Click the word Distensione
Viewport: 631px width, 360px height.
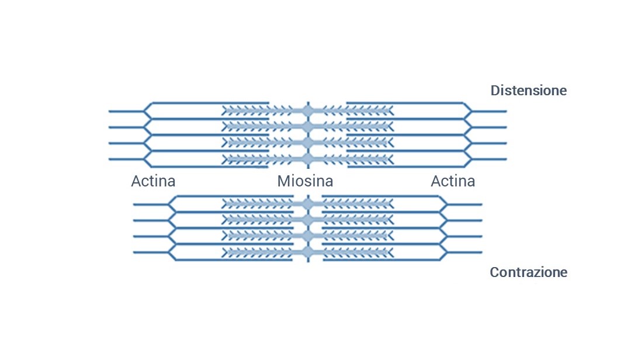(528, 91)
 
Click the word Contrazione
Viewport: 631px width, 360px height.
(528, 272)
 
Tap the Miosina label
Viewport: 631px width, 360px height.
(305, 181)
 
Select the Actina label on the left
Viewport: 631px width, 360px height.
(153, 181)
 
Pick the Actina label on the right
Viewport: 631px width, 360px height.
(453, 181)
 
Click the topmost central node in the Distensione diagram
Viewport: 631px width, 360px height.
(307, 110)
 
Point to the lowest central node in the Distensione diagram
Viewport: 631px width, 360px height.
(307, 160)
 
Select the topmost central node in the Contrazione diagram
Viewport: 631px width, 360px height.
(308, 204)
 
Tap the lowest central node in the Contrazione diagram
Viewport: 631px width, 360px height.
(308, 252)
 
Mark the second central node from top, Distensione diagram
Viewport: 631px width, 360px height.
(307, 127)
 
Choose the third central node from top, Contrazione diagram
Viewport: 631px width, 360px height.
(308, 236)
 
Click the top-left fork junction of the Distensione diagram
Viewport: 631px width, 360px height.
(145, 110)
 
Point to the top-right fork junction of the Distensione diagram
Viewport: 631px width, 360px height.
(471, 110)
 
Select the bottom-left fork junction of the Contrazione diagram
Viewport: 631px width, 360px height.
(169, 252)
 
